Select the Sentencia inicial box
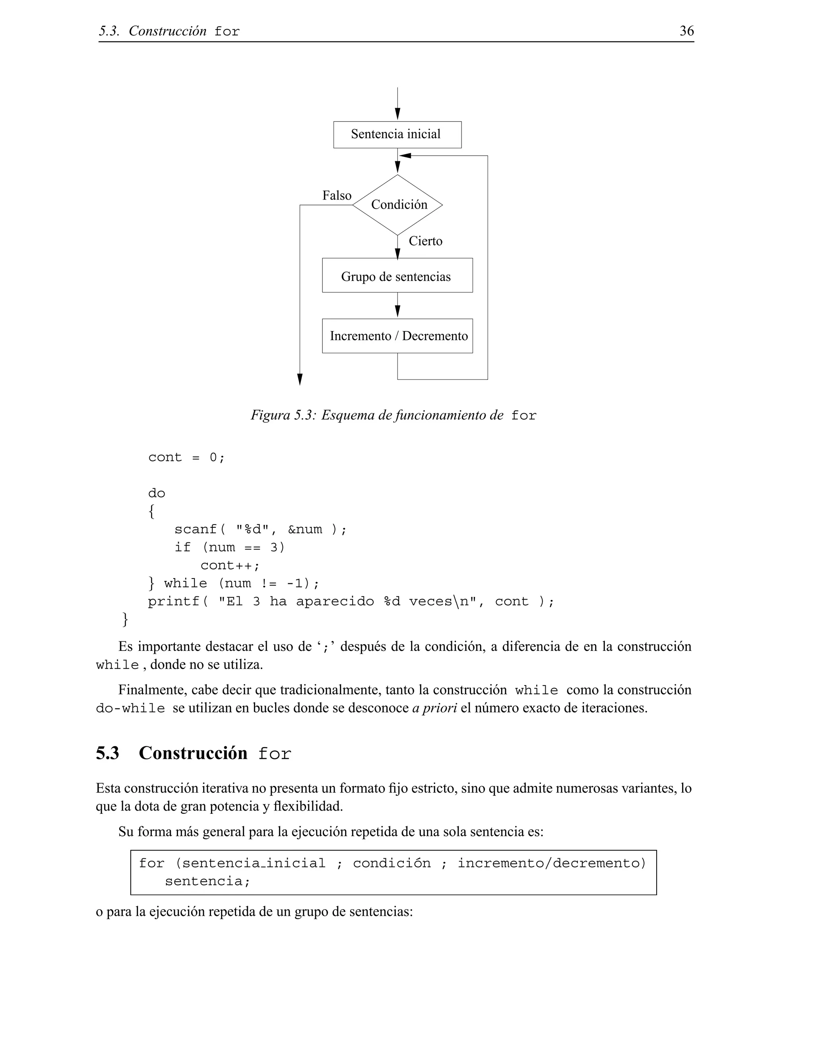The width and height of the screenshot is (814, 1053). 397,135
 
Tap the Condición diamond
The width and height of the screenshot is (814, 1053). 398,205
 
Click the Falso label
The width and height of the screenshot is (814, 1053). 337,195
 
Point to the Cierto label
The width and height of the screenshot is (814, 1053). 425,241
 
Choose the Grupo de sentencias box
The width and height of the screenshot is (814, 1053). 397,276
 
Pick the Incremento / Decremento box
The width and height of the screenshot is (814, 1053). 397,336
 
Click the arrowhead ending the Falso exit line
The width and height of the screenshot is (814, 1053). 300,380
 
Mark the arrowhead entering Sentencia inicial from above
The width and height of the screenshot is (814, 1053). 397,114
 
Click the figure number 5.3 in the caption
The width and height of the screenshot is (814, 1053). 304,415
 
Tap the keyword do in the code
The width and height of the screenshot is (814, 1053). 157,493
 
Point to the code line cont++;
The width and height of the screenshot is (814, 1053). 230,565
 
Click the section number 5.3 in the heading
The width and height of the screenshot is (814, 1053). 108,753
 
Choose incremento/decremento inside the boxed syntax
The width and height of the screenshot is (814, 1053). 551,863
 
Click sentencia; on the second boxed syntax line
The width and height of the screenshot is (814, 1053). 207,881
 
